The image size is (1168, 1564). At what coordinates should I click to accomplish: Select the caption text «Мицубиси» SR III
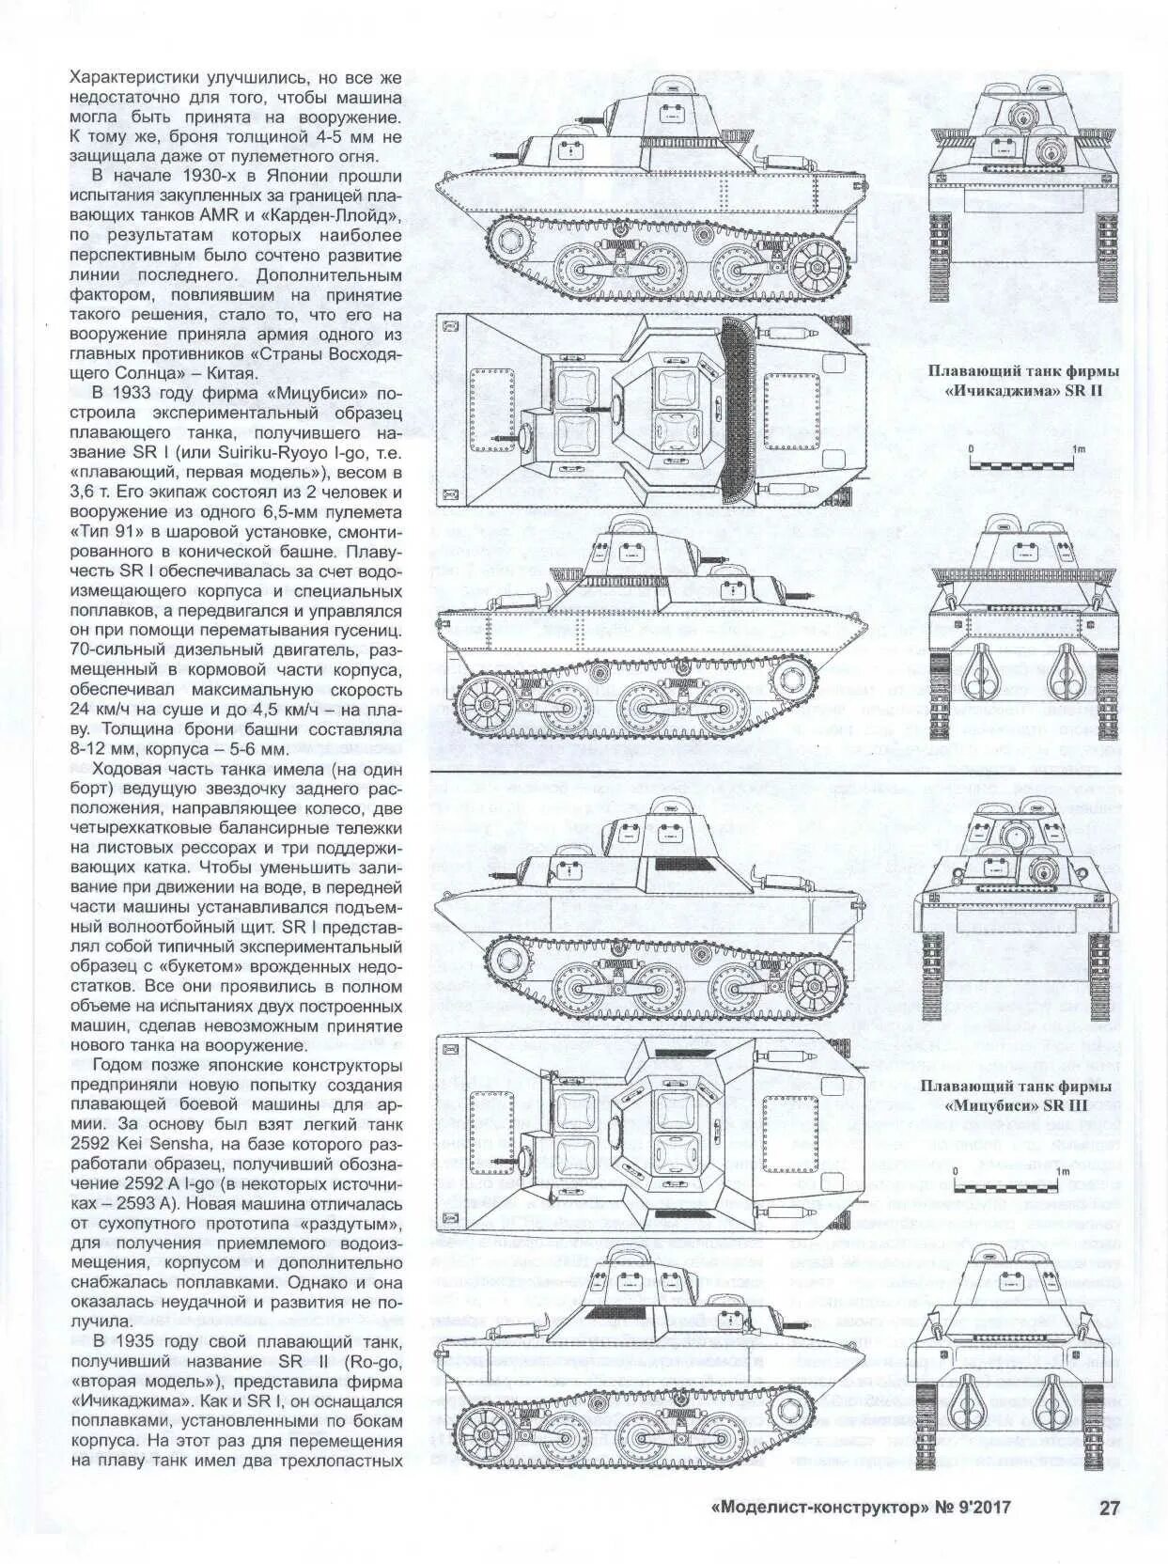[1016, 1105]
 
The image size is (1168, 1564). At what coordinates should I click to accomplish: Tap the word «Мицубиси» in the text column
[316, 392]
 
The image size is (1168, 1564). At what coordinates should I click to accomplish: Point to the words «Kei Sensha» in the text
[164, 1145]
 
